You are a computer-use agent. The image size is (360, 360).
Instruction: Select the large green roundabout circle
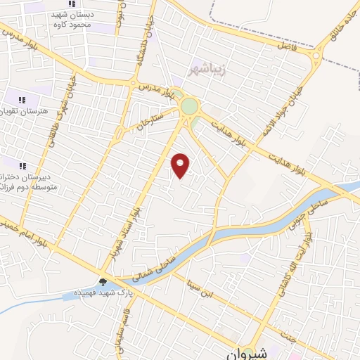pos(189,106)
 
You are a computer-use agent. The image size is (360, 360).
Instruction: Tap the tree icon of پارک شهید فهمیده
pos(104,283)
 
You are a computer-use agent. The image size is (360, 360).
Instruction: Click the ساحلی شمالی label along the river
pos(144,266)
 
